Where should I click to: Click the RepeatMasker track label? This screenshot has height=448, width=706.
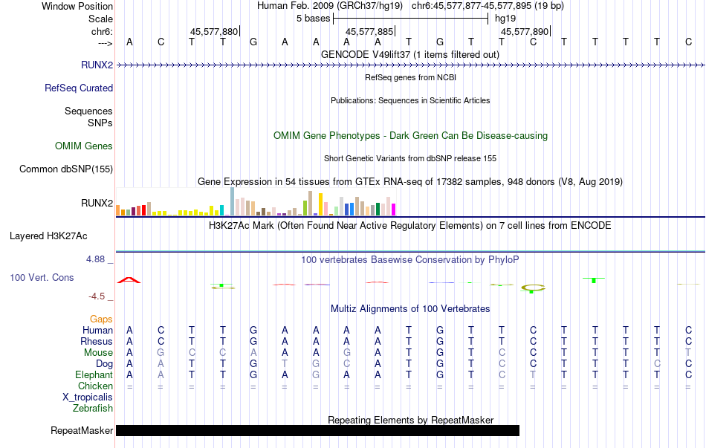click(x=82, y=430)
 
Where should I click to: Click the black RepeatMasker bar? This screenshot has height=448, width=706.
click(x=317, y=430)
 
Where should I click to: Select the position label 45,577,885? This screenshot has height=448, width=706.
click(x=369, y=32)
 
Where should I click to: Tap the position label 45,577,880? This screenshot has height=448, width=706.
click(x=214, y=32)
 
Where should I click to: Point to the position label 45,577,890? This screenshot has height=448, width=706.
click(x=525, y=32)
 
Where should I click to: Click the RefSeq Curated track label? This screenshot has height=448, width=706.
click(x=79, y=88)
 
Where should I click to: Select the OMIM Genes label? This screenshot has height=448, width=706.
click(x=84, y=146)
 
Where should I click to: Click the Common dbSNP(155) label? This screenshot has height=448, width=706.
click(x=66, y=169)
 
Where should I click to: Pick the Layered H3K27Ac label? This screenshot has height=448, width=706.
click(x=48, y=236)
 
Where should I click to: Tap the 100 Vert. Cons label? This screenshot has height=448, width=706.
click(x=42, y=277)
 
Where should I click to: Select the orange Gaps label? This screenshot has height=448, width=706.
click(x=101, y=319)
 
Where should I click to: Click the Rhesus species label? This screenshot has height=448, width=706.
click(x=97, y=342)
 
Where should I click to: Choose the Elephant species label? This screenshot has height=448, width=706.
click(x=94, y=375)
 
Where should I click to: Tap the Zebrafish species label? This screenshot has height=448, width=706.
click(x=93, y=408)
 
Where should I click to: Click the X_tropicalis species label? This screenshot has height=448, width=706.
click(x=88, y=397)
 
